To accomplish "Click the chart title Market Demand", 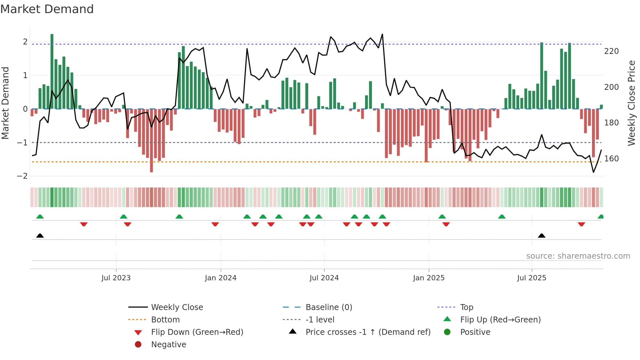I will pos(47,9).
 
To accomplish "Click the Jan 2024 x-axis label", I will pos(220,278).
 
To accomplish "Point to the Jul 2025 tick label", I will pos(532,278).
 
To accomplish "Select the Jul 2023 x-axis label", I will pos(116,278).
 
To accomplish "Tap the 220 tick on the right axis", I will pos(611,51).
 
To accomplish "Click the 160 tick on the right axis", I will pos(611,159).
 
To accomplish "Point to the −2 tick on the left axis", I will pos(22,176).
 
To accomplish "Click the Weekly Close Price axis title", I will pos(632,103).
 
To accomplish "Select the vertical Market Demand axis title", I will pos(5,103).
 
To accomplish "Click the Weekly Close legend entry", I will pos(177,307).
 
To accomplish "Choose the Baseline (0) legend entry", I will pos(328,307).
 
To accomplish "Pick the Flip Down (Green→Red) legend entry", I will pos(197,332).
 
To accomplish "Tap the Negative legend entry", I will pos(168,345).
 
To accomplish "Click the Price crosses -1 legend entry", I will pos(368,332).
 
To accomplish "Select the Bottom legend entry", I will pos(165,320).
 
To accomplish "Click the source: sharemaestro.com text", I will pos(578,256).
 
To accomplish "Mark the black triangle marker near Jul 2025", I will pos(541,236).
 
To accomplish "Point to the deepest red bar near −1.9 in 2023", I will pos(152,140).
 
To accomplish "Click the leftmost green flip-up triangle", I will pos(40,217).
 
